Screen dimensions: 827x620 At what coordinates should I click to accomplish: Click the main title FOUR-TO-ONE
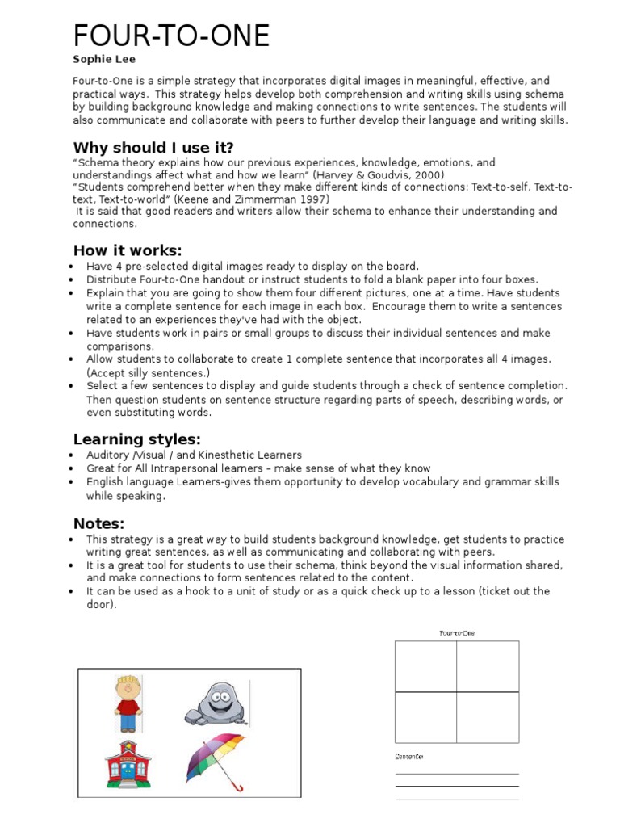171,36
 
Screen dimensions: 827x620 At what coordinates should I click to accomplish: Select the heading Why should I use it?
153,147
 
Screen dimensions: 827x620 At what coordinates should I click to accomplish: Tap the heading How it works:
128,250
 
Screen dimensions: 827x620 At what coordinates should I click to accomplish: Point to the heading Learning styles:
136,439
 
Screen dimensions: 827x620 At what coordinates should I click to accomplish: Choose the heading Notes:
98,523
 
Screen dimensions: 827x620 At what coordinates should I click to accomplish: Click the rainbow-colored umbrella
216,758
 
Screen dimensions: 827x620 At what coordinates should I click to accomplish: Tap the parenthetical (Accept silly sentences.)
148,372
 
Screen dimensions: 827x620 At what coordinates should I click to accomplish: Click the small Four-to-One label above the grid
457,633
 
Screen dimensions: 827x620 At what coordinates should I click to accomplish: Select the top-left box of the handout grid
425,666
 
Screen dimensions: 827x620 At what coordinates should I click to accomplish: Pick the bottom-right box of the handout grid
488,717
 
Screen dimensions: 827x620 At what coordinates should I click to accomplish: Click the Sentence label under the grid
409,757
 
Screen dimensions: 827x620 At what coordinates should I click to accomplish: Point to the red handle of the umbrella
236,786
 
